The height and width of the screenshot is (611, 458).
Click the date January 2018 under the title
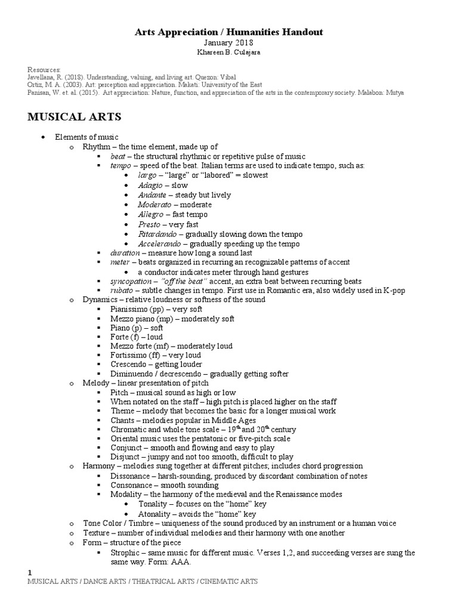(229, 42)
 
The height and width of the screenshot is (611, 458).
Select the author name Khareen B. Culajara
(229, 53)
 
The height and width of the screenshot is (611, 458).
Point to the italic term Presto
(148, 224)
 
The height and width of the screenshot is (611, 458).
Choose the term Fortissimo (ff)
(139, 355)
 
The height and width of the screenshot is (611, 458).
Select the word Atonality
(156, 513)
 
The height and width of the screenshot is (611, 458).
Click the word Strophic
(125, 553)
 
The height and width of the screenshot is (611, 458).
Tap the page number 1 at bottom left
(30, 573)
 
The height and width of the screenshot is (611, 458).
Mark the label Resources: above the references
(44, 69)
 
